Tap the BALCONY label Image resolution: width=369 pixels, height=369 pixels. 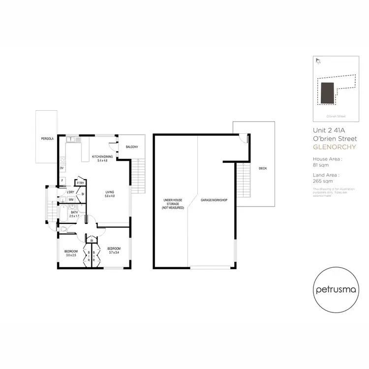(131, 147)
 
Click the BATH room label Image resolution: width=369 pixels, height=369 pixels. (74, 214)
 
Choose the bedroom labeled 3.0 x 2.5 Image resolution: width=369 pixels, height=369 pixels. (70, 253)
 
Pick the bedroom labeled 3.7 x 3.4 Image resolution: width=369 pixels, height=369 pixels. (114, 250)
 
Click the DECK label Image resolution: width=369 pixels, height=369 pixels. (262, 168)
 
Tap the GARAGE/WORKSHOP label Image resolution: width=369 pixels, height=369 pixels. (214, 201)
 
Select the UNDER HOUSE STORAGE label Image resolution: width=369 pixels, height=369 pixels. (173, 204)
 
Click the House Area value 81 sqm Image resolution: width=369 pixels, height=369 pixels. (320, 165)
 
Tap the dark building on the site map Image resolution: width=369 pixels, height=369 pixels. (326, 93)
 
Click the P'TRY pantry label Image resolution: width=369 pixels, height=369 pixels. (81, 183)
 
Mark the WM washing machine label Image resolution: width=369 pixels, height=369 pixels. (71, 199)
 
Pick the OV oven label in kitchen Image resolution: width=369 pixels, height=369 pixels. (62, 168)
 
